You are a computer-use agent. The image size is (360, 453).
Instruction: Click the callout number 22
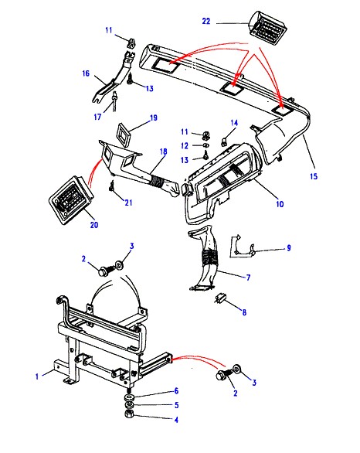tap(206, 22)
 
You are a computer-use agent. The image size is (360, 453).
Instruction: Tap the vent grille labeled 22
tap(268, 28)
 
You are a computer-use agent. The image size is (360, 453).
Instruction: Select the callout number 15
tap(314, 176)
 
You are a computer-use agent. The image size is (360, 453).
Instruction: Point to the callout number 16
tap(86, 73)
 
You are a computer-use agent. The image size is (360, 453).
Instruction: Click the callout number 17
tap(97, 117)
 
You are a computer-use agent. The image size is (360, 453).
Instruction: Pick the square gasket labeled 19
tap(124, 132)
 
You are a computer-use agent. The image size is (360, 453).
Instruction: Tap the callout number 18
tap(164, 152)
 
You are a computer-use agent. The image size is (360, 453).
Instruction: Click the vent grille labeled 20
tap(71, 199)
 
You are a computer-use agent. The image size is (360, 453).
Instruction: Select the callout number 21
tap(128, 203)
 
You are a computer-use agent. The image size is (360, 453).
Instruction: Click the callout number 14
tap(234, 123)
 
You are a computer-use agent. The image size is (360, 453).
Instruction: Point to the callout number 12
tap(185, 146)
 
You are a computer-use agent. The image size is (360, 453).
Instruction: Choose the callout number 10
tap(280, 204)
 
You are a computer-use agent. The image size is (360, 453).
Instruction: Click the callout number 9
tap(289, 248)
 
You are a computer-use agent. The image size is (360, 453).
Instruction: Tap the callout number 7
tap(248, 278)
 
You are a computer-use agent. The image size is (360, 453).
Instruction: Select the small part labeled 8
tap(222, 298)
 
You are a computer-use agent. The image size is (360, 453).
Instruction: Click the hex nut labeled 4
tap(129, 414)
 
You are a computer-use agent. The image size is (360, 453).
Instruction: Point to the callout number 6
tap(176, 391)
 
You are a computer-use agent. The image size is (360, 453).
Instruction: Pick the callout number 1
tap(37, 376)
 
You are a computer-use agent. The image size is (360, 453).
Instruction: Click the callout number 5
tap(177, 405)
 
